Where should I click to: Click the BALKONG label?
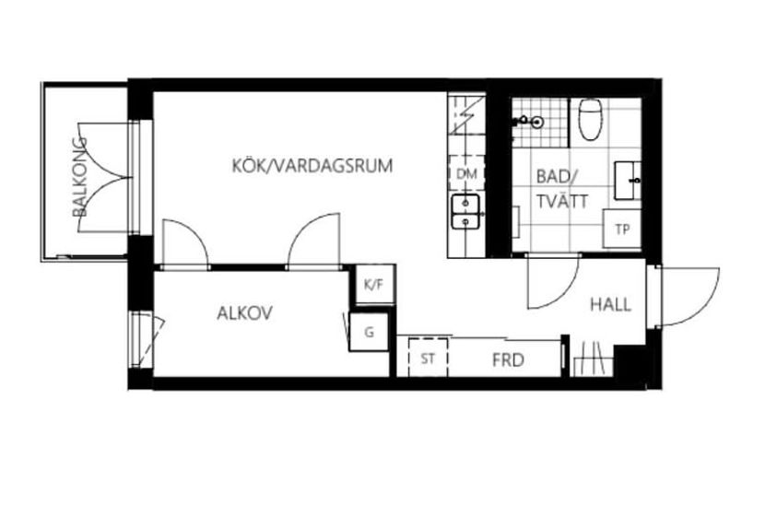80,177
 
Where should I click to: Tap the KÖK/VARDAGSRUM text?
312,166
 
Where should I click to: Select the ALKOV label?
245,313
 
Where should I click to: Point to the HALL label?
610,304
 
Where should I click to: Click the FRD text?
509,359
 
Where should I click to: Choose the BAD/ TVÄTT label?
562,189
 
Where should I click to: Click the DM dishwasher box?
466,174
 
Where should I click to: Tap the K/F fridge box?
375,284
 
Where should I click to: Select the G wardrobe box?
369,332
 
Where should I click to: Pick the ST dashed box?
429,358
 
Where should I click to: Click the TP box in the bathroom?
622,229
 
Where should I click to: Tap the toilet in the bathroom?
590,119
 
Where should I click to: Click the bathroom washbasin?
628,181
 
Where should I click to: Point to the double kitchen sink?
465,212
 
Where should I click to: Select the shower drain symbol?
536,122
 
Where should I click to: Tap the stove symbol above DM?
466,115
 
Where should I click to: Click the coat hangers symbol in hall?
594,359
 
